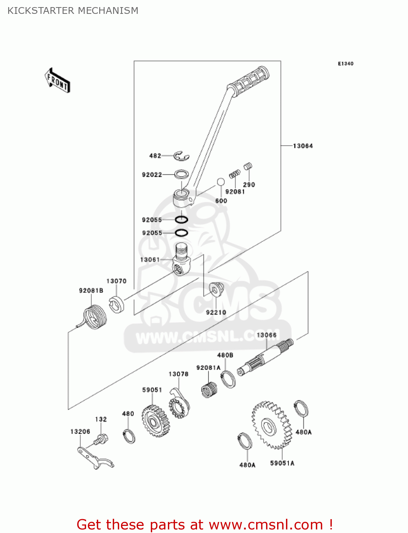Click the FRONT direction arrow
(57, 81)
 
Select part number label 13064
(303, 146)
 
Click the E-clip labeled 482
(181, 156)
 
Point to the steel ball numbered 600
(221, 182)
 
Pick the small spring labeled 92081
(234, 174)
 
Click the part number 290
(249, 184)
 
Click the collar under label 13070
(116, 304)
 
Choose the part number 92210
(216, 312)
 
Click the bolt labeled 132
(101, 440)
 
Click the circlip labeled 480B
(228, 379)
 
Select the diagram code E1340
(345, 64)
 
